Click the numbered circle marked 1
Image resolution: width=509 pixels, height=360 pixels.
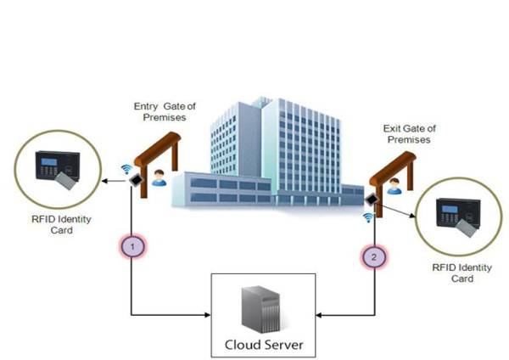pos(131,247)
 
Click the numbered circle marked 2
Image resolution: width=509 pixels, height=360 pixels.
pos(373,255)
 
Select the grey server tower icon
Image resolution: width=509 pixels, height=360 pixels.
pos(261,311)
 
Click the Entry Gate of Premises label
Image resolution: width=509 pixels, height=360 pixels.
pos(165,112)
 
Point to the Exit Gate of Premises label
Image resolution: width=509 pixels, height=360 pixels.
pos(406,132)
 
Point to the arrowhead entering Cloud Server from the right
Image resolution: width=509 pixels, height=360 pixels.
pos(321,316)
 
